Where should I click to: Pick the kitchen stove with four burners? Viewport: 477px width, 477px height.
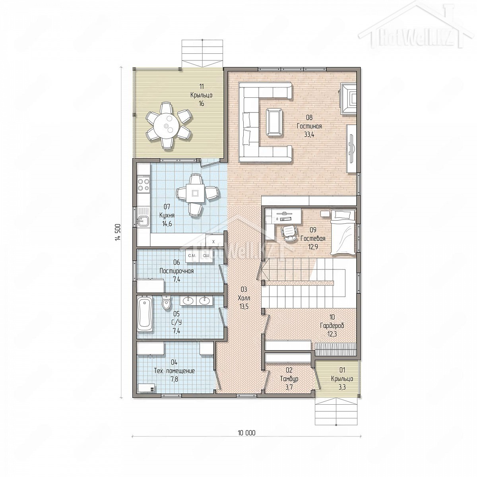143,183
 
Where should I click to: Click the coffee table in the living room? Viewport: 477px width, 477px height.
274,122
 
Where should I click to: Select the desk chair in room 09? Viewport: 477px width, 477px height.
289,233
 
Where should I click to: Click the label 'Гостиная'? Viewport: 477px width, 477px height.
309,126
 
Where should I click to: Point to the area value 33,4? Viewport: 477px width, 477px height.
309,135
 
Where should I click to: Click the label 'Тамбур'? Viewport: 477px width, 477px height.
289,386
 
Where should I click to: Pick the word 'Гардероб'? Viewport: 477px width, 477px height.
332,326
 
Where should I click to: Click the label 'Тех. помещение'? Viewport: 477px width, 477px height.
174,378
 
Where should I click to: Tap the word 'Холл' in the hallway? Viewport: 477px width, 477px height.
244,298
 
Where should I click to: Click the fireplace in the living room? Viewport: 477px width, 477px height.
349,98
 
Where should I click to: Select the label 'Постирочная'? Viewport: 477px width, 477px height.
176,271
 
